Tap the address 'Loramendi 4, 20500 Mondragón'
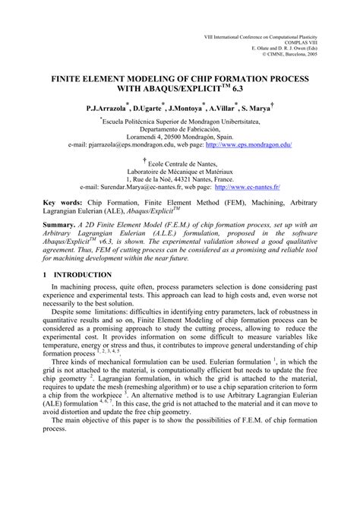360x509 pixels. pyautogui.click(x=179, y=134)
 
